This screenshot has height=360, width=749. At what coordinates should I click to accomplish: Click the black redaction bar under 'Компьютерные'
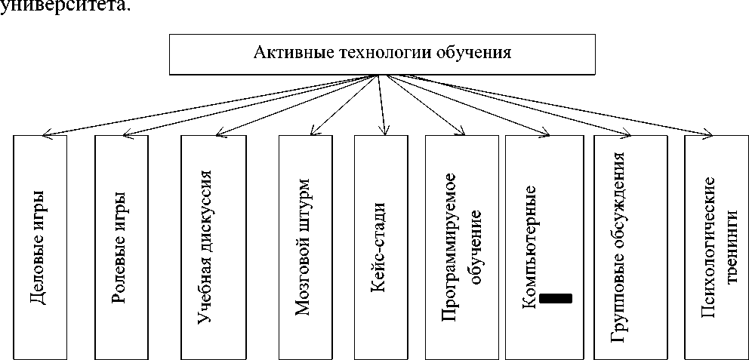[556, 298]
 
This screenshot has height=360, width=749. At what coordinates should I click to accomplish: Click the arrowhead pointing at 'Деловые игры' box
[45, 135]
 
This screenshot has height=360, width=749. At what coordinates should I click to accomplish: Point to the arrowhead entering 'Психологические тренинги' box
[708, 135]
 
